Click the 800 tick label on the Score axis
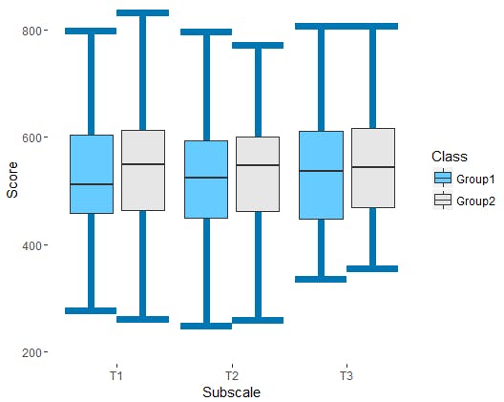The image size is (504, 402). [31, 32]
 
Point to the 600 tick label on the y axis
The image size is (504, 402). [31, 138]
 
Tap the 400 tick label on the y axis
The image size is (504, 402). [31, 246]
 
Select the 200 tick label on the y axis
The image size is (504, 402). [31, 352]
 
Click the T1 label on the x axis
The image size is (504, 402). [116, 375]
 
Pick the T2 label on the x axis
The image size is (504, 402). [232, 375]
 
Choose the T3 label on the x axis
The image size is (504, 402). [346, 375]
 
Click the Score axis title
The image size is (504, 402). [12, 180]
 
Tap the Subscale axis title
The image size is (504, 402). [231, 392]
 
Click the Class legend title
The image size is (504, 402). [450, 157]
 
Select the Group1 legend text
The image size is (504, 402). [475, 180]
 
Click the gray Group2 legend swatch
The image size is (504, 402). [443, 200]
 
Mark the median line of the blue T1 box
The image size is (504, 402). [92, 184]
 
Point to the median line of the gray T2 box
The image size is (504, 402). [258, 165]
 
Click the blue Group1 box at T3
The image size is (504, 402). [321, 176]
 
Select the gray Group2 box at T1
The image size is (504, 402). [143, 171]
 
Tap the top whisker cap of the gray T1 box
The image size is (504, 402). [143, 12]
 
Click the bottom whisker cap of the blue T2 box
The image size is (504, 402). [206, 327]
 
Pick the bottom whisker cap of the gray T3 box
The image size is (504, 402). [372, 269]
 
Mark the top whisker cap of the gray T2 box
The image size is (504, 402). [258, 45]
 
